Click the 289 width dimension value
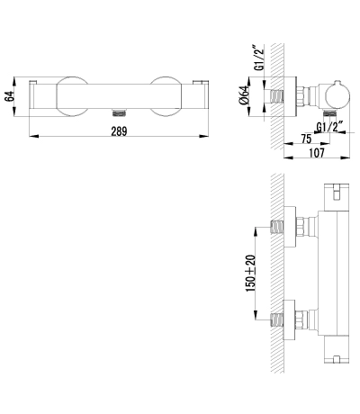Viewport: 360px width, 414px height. point(119,131)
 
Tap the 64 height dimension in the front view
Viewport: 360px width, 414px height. point(10,96)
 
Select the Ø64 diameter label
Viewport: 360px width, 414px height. point(244,95)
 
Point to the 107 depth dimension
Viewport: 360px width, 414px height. point(317,153)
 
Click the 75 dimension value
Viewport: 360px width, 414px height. point(306,139)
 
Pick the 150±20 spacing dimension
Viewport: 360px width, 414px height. point(250,273)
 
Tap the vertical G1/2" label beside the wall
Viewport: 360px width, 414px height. point(259,58)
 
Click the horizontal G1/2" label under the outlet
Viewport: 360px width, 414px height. point(330,127)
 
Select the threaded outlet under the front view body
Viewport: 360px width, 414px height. point(119,112)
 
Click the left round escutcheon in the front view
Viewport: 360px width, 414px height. point(72,96)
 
